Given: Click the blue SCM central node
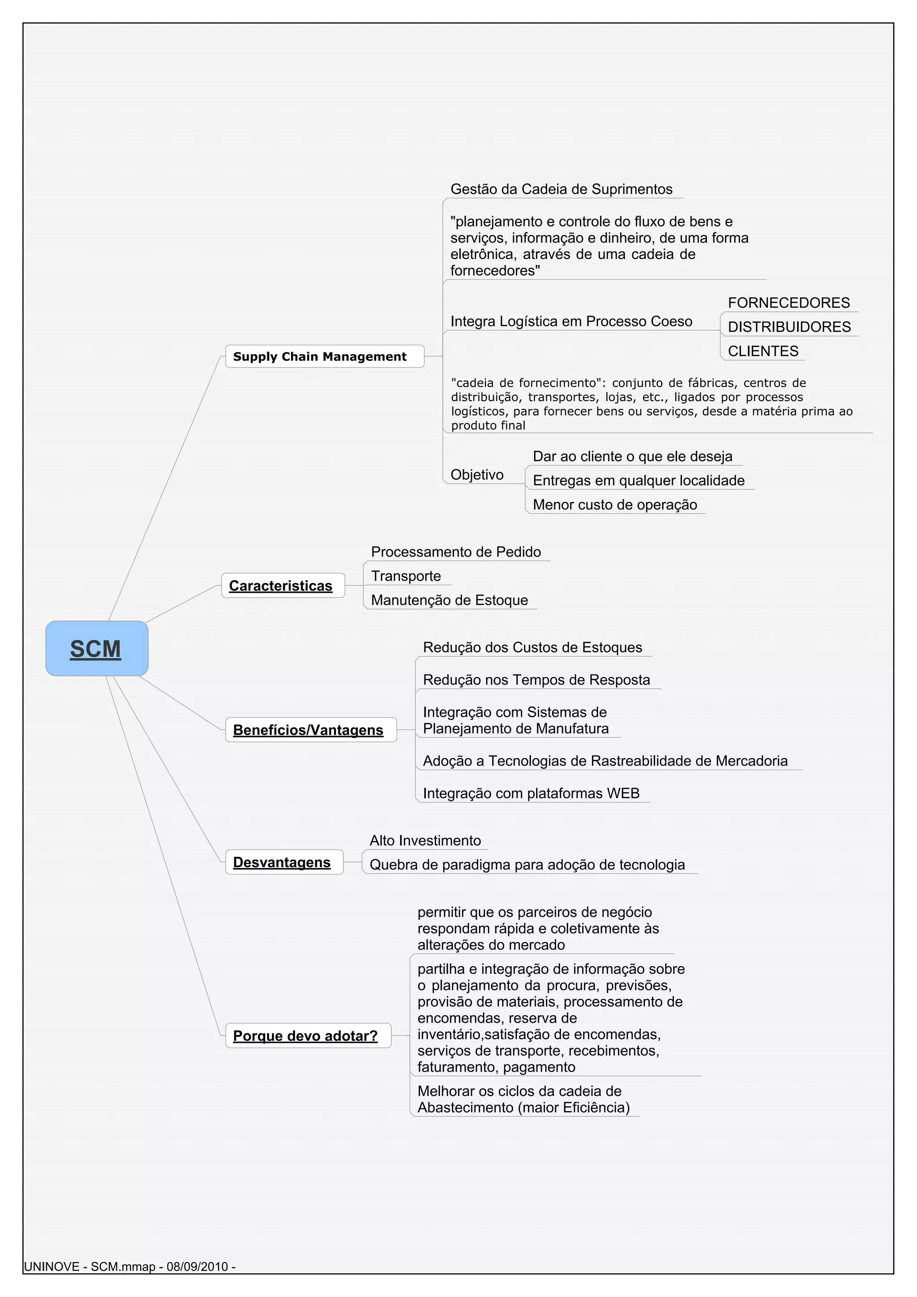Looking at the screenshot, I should (x=97, y=648).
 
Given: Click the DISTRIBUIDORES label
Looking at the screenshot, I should (x=789, y=327).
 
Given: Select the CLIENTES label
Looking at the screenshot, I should (x=763, y=351).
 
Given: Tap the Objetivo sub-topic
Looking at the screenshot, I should (x=477, y=475).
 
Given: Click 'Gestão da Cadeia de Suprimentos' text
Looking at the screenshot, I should (x=561, y=189).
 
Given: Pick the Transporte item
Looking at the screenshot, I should (x=406, y=576).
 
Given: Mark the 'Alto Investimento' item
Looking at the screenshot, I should (x=425, y=840).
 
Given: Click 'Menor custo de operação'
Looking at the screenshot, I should (x=615, y=505).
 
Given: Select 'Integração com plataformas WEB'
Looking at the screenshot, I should (x=531, y=793).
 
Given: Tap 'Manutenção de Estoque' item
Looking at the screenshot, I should (x=449, y=600).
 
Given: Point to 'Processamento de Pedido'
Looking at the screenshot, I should (x=456, y=552).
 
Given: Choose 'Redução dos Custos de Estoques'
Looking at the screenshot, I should (x=532, y=647).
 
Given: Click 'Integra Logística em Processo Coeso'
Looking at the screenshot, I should (x=571, y=321).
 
